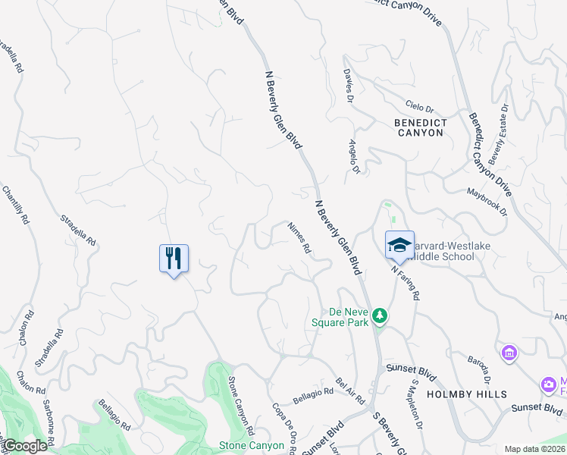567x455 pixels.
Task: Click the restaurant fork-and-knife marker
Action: (174, 258)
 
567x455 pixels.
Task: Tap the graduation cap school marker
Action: (399, 245)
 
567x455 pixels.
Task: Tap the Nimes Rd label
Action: (299, 237)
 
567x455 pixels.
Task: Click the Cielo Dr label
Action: (419, 108)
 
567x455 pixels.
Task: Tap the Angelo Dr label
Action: (353, 157)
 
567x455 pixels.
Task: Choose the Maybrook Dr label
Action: (485, 202)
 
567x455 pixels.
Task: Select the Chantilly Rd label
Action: (16, 206)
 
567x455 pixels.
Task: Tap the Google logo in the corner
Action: (25, 446)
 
